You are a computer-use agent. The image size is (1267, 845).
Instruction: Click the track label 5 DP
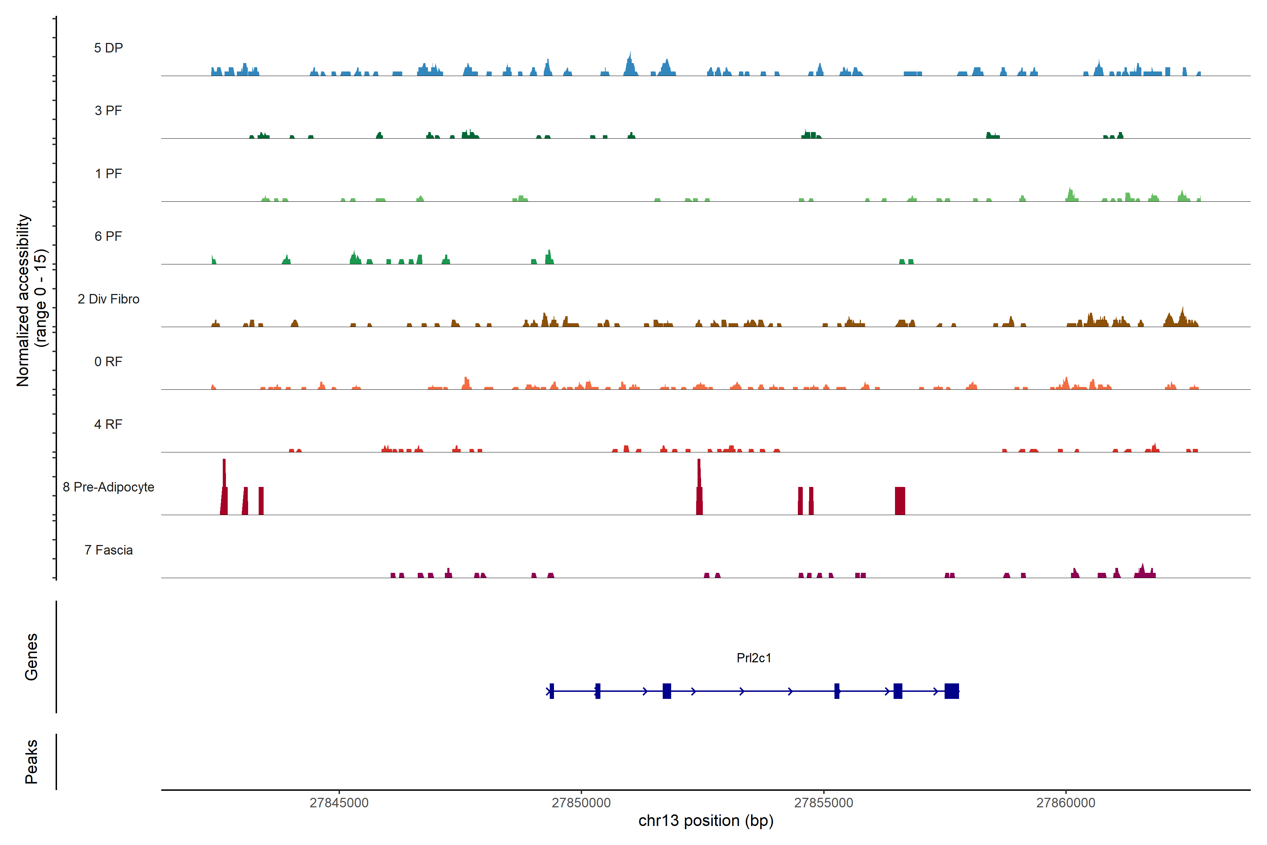(x=108, y=48)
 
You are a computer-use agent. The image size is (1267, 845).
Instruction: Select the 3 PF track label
(x=108, y=111)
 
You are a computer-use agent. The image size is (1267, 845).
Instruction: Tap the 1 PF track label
(x=108, y=174)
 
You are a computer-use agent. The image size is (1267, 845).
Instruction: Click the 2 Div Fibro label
(x=108, y=299)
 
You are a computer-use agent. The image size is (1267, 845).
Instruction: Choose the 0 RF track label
(x=108, y=362)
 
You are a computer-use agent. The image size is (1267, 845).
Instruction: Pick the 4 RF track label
(x=108, y=424)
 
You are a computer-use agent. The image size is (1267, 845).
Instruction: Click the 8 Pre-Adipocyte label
(x=108, y=487)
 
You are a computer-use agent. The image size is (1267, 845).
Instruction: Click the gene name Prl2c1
(x=754, y=658)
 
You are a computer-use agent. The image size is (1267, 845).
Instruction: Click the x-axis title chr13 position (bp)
(x=706, y=821)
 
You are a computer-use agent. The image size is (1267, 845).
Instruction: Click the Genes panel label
(x=31, y=657)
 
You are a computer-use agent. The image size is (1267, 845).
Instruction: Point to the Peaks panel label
(x=31, y=762)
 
